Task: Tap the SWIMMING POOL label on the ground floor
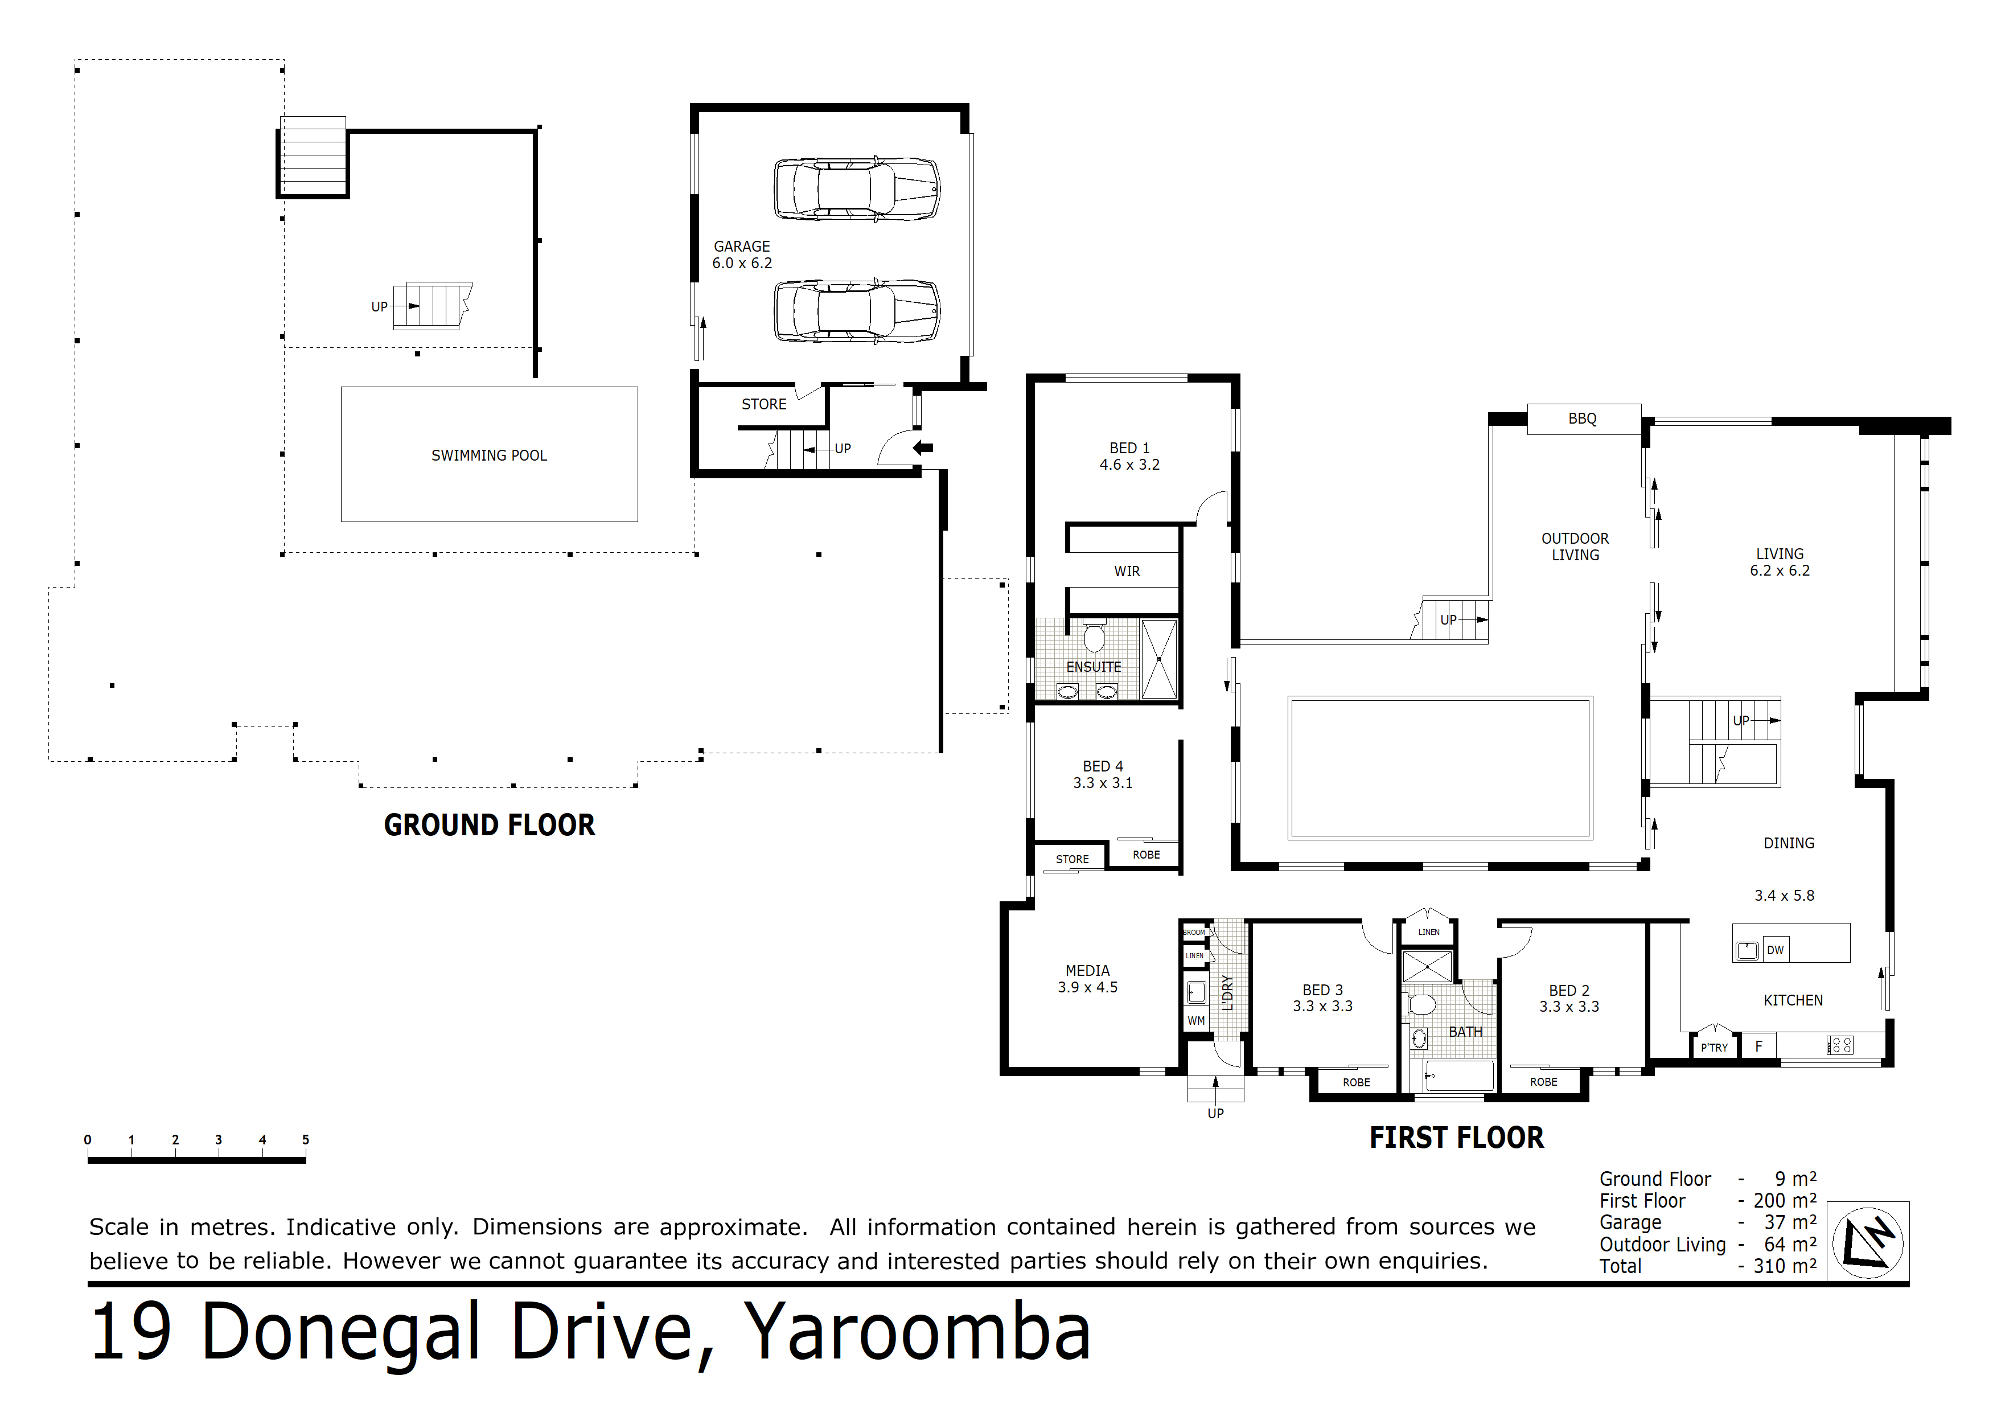(489, 455)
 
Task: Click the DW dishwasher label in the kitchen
(1775, 950)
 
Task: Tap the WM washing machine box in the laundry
(1197, 1020)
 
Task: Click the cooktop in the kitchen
(1839, 1045)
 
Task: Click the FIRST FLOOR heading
(1457, 1137)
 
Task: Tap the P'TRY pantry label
(1714, 1048)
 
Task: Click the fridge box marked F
(1758, 1046)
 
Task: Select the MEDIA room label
(1087, 970)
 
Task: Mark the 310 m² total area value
(1785, 1266)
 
